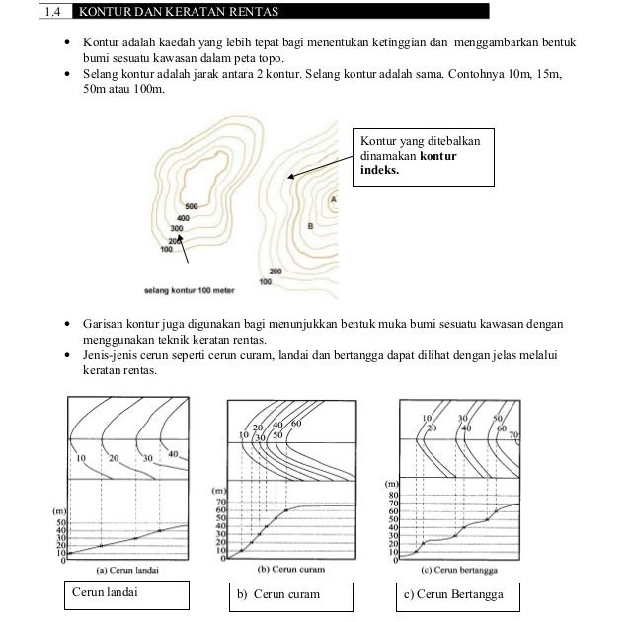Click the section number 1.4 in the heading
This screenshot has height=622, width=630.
[52, 11]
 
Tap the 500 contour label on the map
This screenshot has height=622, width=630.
[193, 206]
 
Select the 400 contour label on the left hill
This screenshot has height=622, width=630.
[183, 217]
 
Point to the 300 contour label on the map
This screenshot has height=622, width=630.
[177, 228]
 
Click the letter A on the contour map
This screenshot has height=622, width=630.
[333, 199]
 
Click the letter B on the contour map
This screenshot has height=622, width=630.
[311, 226]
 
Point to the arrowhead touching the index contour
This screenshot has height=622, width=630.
[290, 178]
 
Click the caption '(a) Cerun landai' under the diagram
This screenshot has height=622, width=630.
[129, 571]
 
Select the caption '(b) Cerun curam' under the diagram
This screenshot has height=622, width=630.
[290, 570]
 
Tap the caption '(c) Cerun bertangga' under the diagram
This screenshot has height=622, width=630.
[458, 571]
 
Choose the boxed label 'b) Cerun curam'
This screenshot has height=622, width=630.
[278, 594]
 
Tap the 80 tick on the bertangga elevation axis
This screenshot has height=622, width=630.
[393, 495]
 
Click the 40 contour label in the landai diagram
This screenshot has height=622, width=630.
[174, 454]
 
